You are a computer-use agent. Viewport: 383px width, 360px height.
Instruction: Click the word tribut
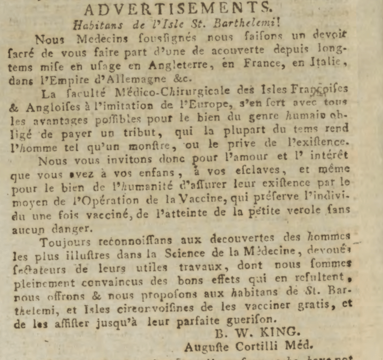178,133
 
